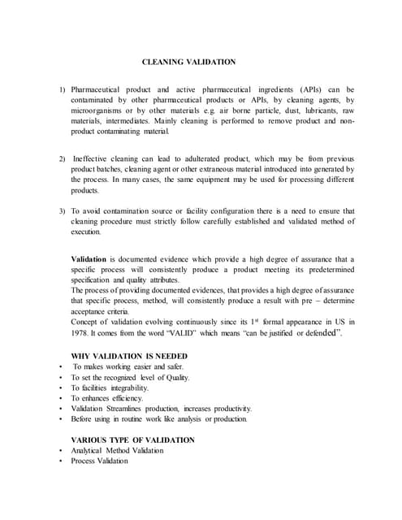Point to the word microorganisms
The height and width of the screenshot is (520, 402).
pos(98,110)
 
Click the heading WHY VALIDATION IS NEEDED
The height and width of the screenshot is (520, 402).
pos(129,356)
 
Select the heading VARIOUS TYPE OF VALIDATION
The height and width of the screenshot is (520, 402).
pos(132,440)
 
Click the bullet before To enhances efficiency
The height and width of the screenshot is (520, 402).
pos(62,398)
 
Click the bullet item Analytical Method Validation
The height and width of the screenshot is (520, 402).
pos(117,450)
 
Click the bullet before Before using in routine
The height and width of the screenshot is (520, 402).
pos(62,419)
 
